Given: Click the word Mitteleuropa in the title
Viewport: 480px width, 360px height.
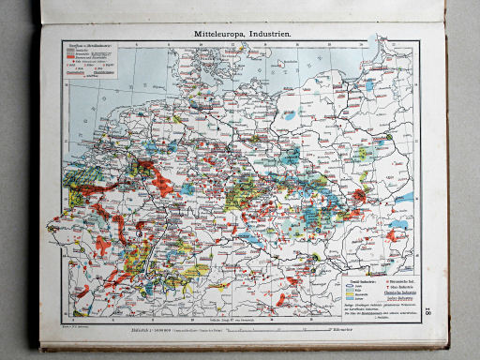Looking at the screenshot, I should tap(210, 34).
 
